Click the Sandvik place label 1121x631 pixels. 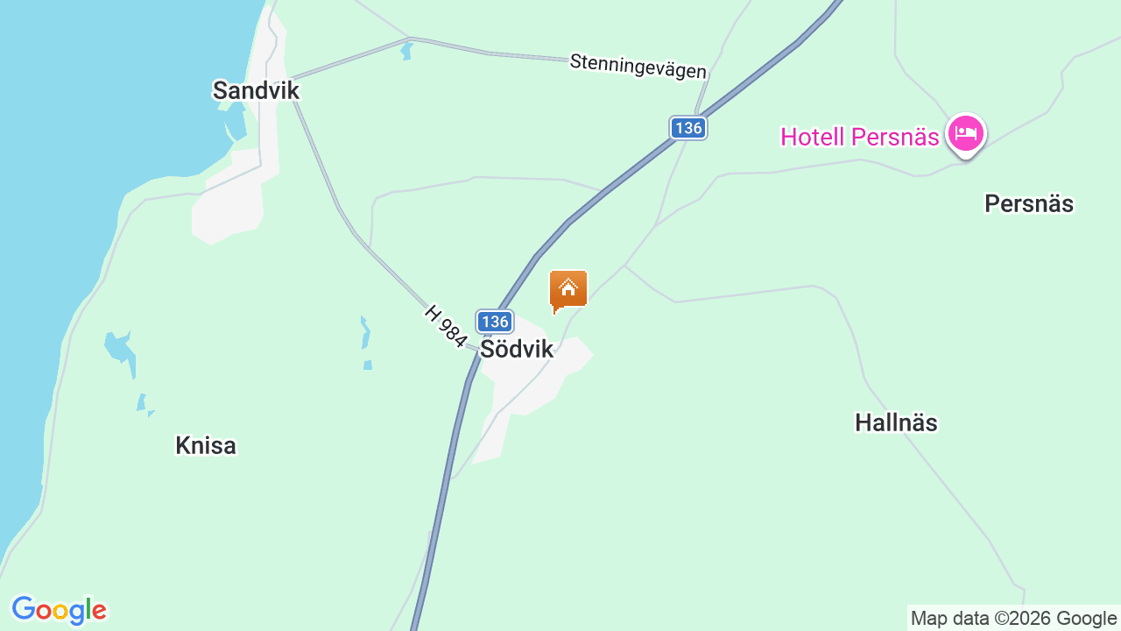coord(256,90)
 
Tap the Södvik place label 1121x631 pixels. coord(517,349)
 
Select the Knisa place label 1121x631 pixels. coord(206,445)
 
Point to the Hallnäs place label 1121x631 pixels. coord(896,422)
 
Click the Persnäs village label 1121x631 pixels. coord(1029,203)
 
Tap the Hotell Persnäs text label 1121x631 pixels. coord(859,137)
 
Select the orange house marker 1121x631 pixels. coord(568,290)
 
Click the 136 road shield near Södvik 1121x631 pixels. coord(495,322)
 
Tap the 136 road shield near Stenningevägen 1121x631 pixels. coord(688,128)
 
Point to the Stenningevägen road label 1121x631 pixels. coord(638,66)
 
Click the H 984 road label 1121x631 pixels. coord(446,326)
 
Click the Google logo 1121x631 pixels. coord(59,610)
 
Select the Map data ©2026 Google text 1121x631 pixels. coord(1013,619)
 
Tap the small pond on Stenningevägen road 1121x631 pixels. coord(405,51)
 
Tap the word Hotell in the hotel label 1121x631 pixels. coord(812,137)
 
